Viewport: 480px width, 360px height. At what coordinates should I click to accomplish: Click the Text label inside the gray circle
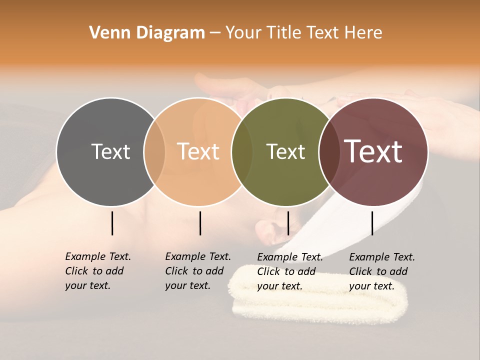tap(110, 151)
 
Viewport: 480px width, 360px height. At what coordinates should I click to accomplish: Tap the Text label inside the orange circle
tap(198, 151)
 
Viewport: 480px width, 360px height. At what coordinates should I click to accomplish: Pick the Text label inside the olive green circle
tap(285, 151)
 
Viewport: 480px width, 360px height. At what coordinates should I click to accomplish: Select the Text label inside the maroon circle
tap(373, 151)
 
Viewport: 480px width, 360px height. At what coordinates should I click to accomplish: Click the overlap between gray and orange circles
tap(154, 151)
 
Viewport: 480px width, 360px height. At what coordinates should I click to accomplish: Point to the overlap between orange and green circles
tap(242, 151)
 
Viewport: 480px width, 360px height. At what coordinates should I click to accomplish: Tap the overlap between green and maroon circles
tap(327, 151)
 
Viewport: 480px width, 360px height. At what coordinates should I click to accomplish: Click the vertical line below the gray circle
tap(112, 223)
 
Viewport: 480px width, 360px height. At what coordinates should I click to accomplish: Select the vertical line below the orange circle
tap(200, 223)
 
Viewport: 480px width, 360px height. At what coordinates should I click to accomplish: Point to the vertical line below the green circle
tap(288, 223)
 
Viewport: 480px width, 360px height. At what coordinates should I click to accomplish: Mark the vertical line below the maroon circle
tap(372, 223)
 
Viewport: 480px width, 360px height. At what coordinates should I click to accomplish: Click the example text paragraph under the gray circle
tap(97, 271)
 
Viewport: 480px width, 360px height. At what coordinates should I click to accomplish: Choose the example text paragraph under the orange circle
tap(197, 271)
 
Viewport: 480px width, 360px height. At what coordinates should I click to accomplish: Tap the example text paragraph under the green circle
tap(289, 271)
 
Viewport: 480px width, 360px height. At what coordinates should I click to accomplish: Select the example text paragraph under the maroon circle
tap(381, 271)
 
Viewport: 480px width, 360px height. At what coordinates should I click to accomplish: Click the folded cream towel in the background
tap(320, 300)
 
